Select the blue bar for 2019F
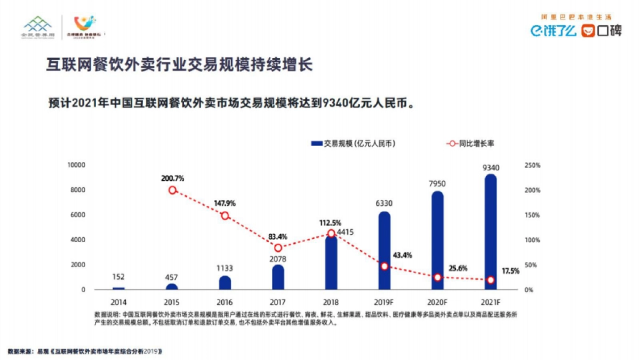pyautogui.click(x=384, y=251)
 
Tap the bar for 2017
pyautogui.click(x=278, y=277)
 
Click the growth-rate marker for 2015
pyautogui.click(x=172, y=190)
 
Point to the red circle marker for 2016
pyautogui.click(x=225, y=216)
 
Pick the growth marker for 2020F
pyautogui.click(x=437, y=277)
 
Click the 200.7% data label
pyautogui.click(x=172, y=178)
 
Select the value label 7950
pyautogui.click(x=437, y=184)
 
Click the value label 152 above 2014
pyautogui.click(x=119, y=277)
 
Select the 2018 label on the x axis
pyautogui.click(x=331, y=302)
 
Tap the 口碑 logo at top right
pyautogui.click(x=602, y=31)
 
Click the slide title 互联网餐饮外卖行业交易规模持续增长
pyautogui.click(x=179, y=65)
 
